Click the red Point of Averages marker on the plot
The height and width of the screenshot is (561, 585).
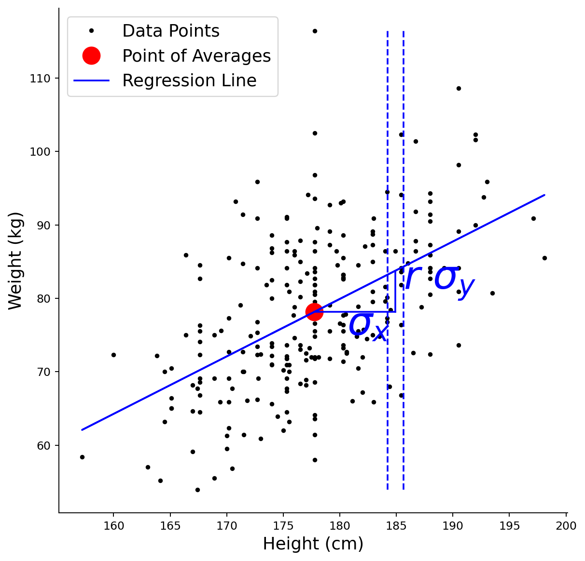point(314,312)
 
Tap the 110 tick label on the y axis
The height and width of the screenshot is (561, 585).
point(40,79)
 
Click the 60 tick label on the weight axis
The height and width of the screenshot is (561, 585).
point(43,446)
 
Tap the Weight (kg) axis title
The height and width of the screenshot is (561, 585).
point(15,261)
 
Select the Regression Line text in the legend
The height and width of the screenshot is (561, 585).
point(189,80)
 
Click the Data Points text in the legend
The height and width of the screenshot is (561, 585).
point(171,31)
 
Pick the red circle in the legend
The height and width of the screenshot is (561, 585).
point(91,55)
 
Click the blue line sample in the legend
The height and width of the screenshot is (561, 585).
point(91,80)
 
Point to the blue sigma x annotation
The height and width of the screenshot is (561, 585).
point(369,327)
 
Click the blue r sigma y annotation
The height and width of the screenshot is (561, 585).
point(440,282)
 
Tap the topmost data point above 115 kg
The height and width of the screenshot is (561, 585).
point(315,31)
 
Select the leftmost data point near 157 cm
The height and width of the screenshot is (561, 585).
point(82,457)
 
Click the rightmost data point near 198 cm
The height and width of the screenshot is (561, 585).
point(544,258)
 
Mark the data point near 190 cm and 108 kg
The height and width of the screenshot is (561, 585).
point(459,89)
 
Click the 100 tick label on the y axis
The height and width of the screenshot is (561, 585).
point(40,152)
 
